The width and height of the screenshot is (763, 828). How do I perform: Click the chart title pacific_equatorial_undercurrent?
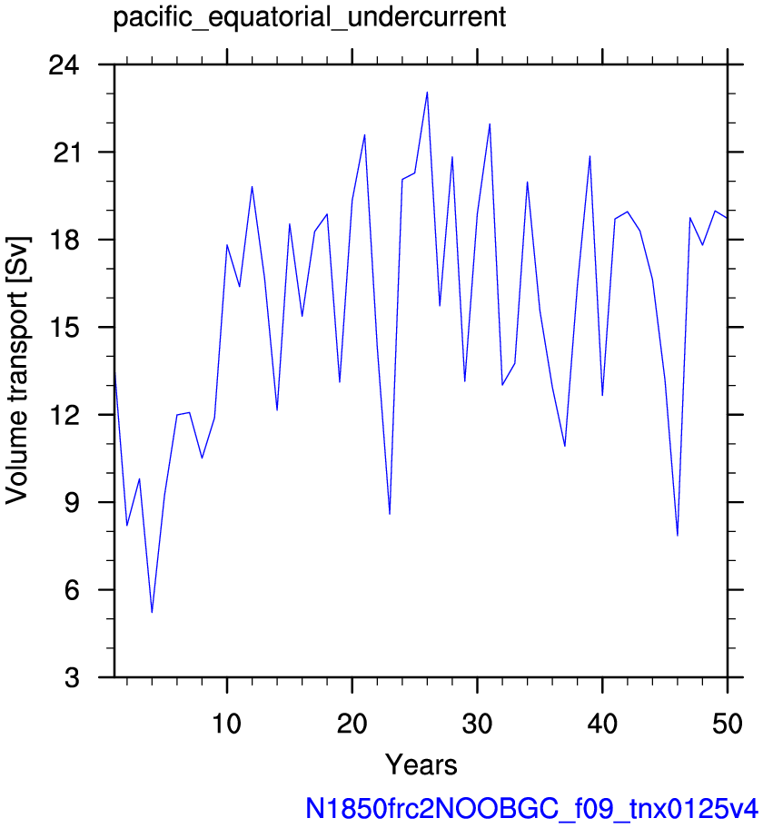coord(309,18)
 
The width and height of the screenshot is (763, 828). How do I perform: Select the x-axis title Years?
coord(421,764)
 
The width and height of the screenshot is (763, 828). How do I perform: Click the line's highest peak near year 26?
coord(427,93)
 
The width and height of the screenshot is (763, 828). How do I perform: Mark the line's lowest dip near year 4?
coord(152,612)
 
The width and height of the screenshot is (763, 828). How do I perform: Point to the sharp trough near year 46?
coord(678,535)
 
